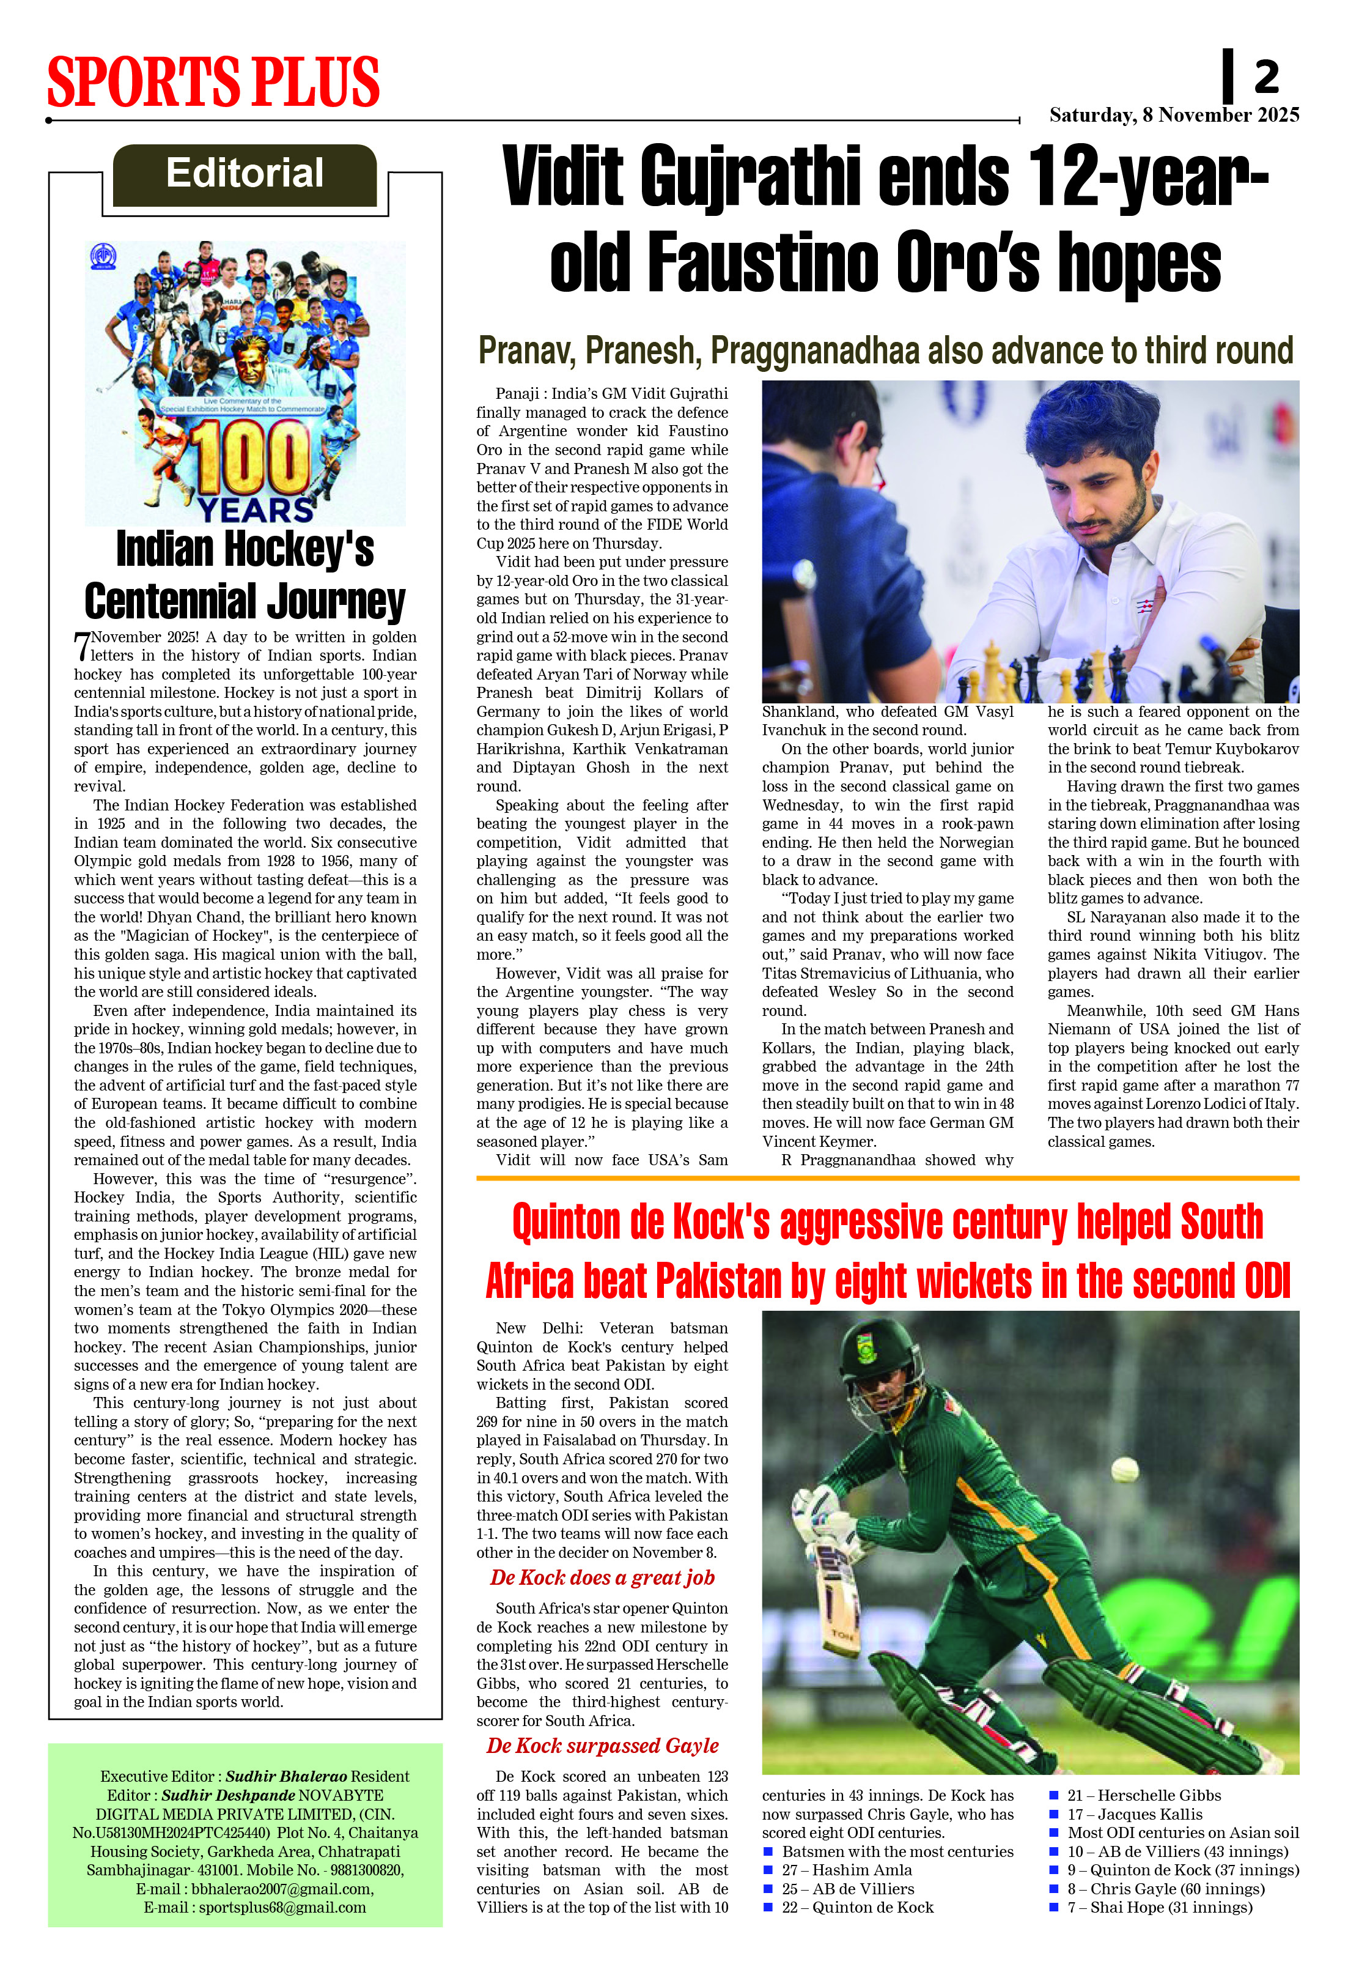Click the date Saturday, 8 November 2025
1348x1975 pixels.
tap(1174, 115)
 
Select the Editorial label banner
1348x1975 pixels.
tap(245, 174)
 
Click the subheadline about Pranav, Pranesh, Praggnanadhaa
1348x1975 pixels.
tap(885, 350)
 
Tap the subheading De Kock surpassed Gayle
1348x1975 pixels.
tap(602, 1746)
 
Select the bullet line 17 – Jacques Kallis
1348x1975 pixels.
tap(1134, 1814)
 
